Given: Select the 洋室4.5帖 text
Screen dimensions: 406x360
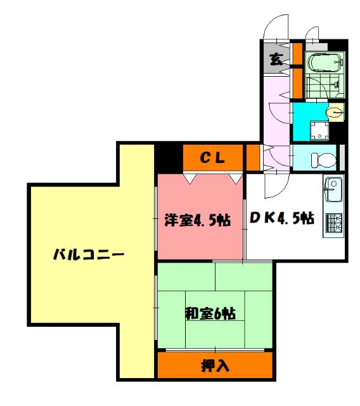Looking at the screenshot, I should coord(197,221).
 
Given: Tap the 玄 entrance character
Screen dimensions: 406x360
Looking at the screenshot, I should coord(276,60).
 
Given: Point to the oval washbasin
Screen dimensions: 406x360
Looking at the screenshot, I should coord(334,113).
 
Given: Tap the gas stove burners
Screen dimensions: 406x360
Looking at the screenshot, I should coord(333,223).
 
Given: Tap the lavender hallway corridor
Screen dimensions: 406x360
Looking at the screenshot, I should coord(276,108).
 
